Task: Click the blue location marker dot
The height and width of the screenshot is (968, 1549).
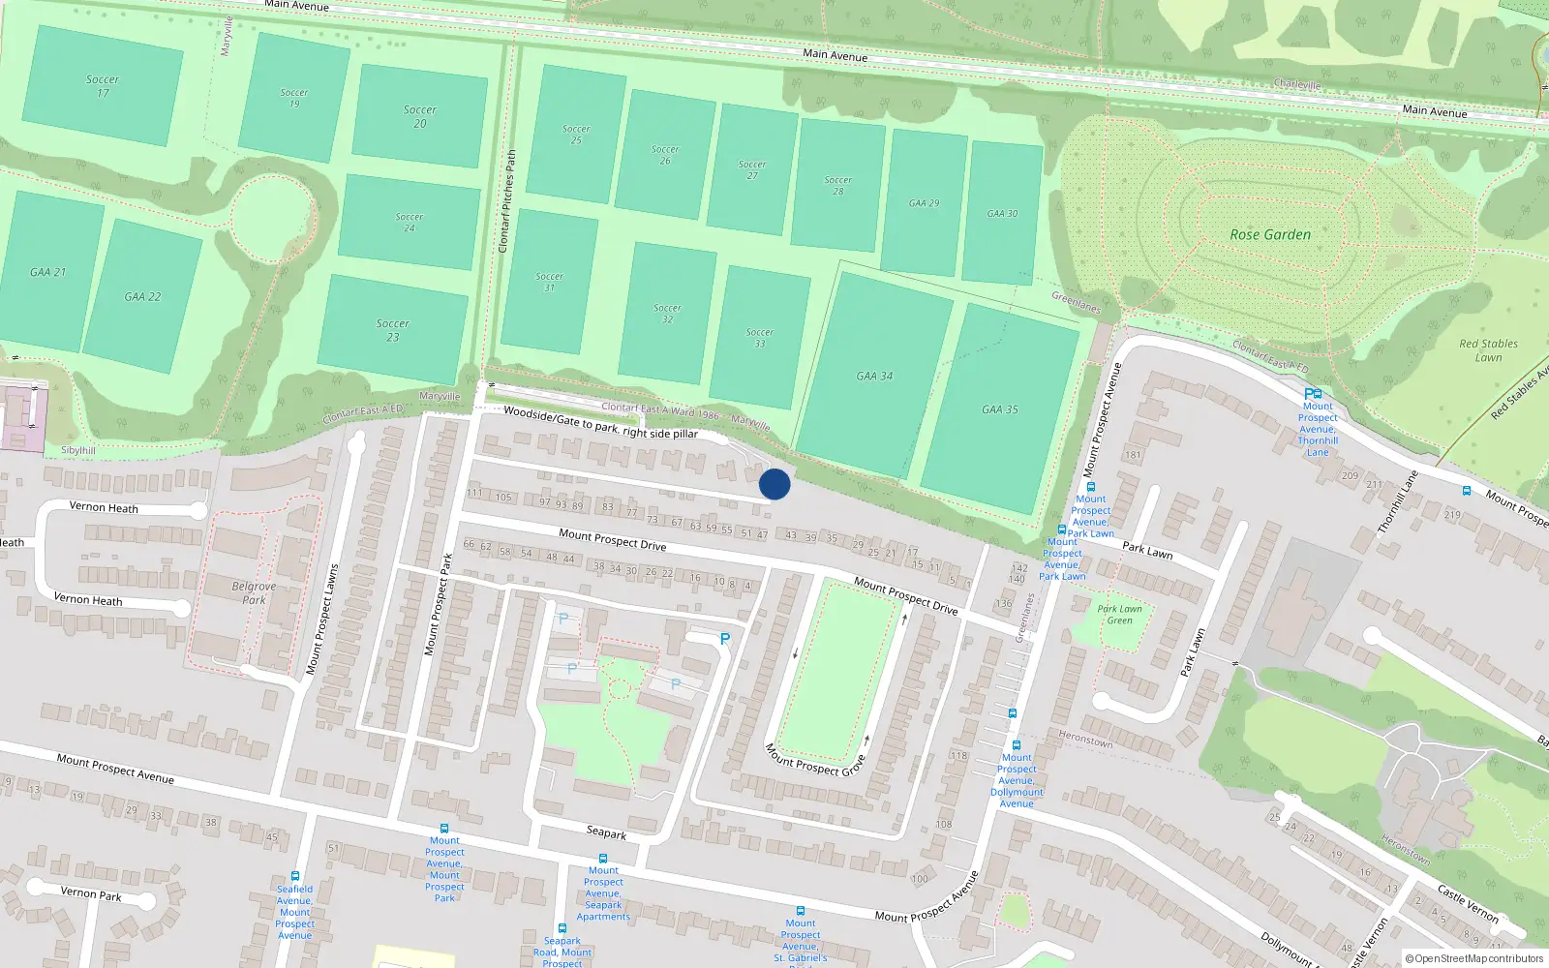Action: (774, 484)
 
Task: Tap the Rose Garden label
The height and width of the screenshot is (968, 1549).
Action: (1270, 234)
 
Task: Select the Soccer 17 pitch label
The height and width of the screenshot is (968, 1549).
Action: (103, 86)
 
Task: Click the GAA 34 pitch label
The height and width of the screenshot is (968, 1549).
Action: (874, 376)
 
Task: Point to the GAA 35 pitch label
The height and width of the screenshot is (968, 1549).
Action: (1000, 409)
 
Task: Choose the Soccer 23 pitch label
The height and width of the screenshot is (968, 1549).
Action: (392, 330)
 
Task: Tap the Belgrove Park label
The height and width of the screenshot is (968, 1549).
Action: (254, 592)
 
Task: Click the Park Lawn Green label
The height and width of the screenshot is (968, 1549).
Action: (1119, 615)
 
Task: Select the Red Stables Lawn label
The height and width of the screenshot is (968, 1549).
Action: (1488, 350)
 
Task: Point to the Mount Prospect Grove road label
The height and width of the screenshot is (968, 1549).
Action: (814, 761)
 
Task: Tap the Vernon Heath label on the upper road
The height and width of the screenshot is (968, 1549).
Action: (104, 507)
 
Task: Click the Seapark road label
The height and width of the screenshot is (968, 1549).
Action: (606, 832)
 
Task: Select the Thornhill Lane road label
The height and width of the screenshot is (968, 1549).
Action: (1397, 501)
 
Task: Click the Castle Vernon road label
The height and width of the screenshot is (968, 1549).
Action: (1468, 903)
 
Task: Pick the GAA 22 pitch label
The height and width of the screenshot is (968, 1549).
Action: (142, 296)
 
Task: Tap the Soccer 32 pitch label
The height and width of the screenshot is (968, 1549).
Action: (667, 313)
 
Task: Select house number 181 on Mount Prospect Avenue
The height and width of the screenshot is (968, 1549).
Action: (1133, 455)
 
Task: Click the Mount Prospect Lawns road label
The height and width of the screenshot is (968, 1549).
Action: (322, 620)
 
